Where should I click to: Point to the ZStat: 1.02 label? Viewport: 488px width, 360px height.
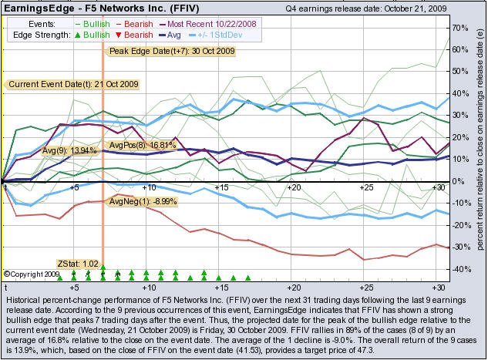point(79,264)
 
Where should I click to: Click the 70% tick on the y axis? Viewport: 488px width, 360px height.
point(461,28)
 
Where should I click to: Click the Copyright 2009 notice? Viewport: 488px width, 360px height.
point(32,274)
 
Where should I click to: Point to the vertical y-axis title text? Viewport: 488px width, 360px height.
point(480,146)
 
